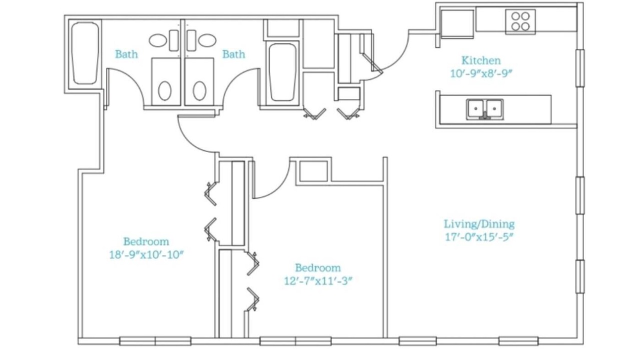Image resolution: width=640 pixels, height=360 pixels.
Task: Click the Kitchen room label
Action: (481, 60)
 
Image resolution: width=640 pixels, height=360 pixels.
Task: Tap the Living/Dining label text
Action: (479, 224)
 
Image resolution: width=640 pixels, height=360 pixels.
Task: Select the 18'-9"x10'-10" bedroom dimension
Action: (146, 254)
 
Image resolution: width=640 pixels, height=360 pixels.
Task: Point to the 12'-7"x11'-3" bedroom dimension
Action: (318, 281)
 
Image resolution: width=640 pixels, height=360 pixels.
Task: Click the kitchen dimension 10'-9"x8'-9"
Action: (481, 73)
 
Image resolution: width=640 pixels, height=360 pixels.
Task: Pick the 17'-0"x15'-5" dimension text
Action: (479, 237)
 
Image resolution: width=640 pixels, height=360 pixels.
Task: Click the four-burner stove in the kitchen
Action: (520, 21)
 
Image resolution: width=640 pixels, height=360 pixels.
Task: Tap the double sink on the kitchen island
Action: (484, 109)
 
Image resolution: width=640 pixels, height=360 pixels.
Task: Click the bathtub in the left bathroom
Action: (85, 53)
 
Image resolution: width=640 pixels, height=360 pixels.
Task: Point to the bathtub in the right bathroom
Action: (282, 72)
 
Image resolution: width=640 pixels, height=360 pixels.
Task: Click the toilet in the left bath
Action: (165, 90)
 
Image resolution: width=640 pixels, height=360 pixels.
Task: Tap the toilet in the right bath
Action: (199, 90)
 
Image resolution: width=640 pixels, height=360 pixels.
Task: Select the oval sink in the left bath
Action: (157, 40)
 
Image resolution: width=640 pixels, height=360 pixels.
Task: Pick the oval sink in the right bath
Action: (207, 40)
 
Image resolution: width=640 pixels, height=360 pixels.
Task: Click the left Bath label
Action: (126, 54)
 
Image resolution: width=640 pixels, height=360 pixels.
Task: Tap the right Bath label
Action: (233, 54)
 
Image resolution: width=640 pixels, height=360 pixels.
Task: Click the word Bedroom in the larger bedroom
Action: (146, 241)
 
